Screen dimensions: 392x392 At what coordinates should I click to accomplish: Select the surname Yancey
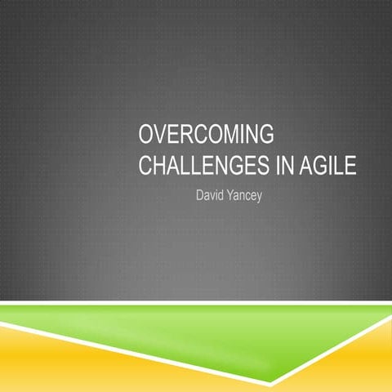pyautogui.click(x=246, y=197)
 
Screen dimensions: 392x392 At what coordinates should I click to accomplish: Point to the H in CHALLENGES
pyautogui.click(x=161, y=167)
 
